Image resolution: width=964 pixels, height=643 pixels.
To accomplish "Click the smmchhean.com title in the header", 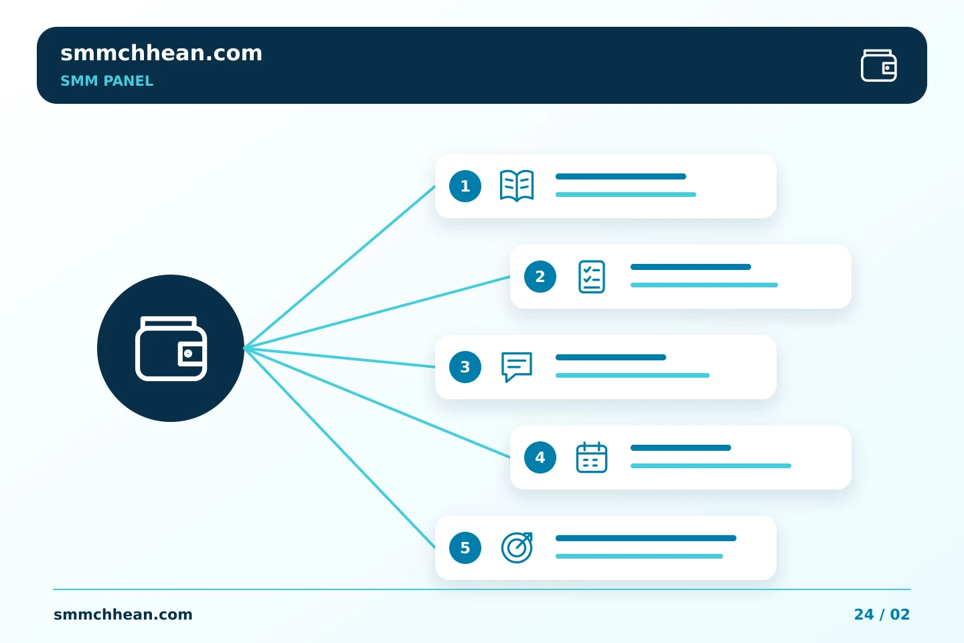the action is point(161,53).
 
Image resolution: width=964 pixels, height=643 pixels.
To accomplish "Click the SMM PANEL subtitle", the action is point(106,81).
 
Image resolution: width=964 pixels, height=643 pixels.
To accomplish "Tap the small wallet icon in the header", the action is point(879,66).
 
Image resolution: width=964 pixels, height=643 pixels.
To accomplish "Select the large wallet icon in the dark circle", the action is point(171,348).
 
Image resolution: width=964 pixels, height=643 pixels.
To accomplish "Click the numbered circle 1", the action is point(465,186).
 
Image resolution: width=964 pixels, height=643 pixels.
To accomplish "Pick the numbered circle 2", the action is point(540,277).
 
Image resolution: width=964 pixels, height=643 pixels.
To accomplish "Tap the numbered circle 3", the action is point(465,367).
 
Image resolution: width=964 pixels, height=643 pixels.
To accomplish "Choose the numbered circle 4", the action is point(540,457).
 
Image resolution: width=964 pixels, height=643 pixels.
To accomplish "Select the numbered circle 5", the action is point(465,548).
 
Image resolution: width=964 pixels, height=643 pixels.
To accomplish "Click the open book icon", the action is point(517,186).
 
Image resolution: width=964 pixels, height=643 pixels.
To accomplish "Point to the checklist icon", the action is point(592,277).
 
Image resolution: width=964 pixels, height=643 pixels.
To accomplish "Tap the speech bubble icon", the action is point(517,367).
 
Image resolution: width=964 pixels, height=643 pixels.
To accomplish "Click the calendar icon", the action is point(592,457).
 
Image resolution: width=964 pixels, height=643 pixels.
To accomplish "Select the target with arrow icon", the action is point(517,548).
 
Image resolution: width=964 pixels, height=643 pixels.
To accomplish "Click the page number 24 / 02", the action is point(882,615).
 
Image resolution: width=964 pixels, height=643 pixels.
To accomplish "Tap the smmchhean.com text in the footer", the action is point(123,615).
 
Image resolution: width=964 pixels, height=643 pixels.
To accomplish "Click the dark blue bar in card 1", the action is point(621,177).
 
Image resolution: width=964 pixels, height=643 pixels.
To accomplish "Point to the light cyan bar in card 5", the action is point(639,557).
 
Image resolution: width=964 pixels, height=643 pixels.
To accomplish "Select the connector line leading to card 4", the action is point(377,403).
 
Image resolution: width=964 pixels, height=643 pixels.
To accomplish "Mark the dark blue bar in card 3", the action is point(611,358).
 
